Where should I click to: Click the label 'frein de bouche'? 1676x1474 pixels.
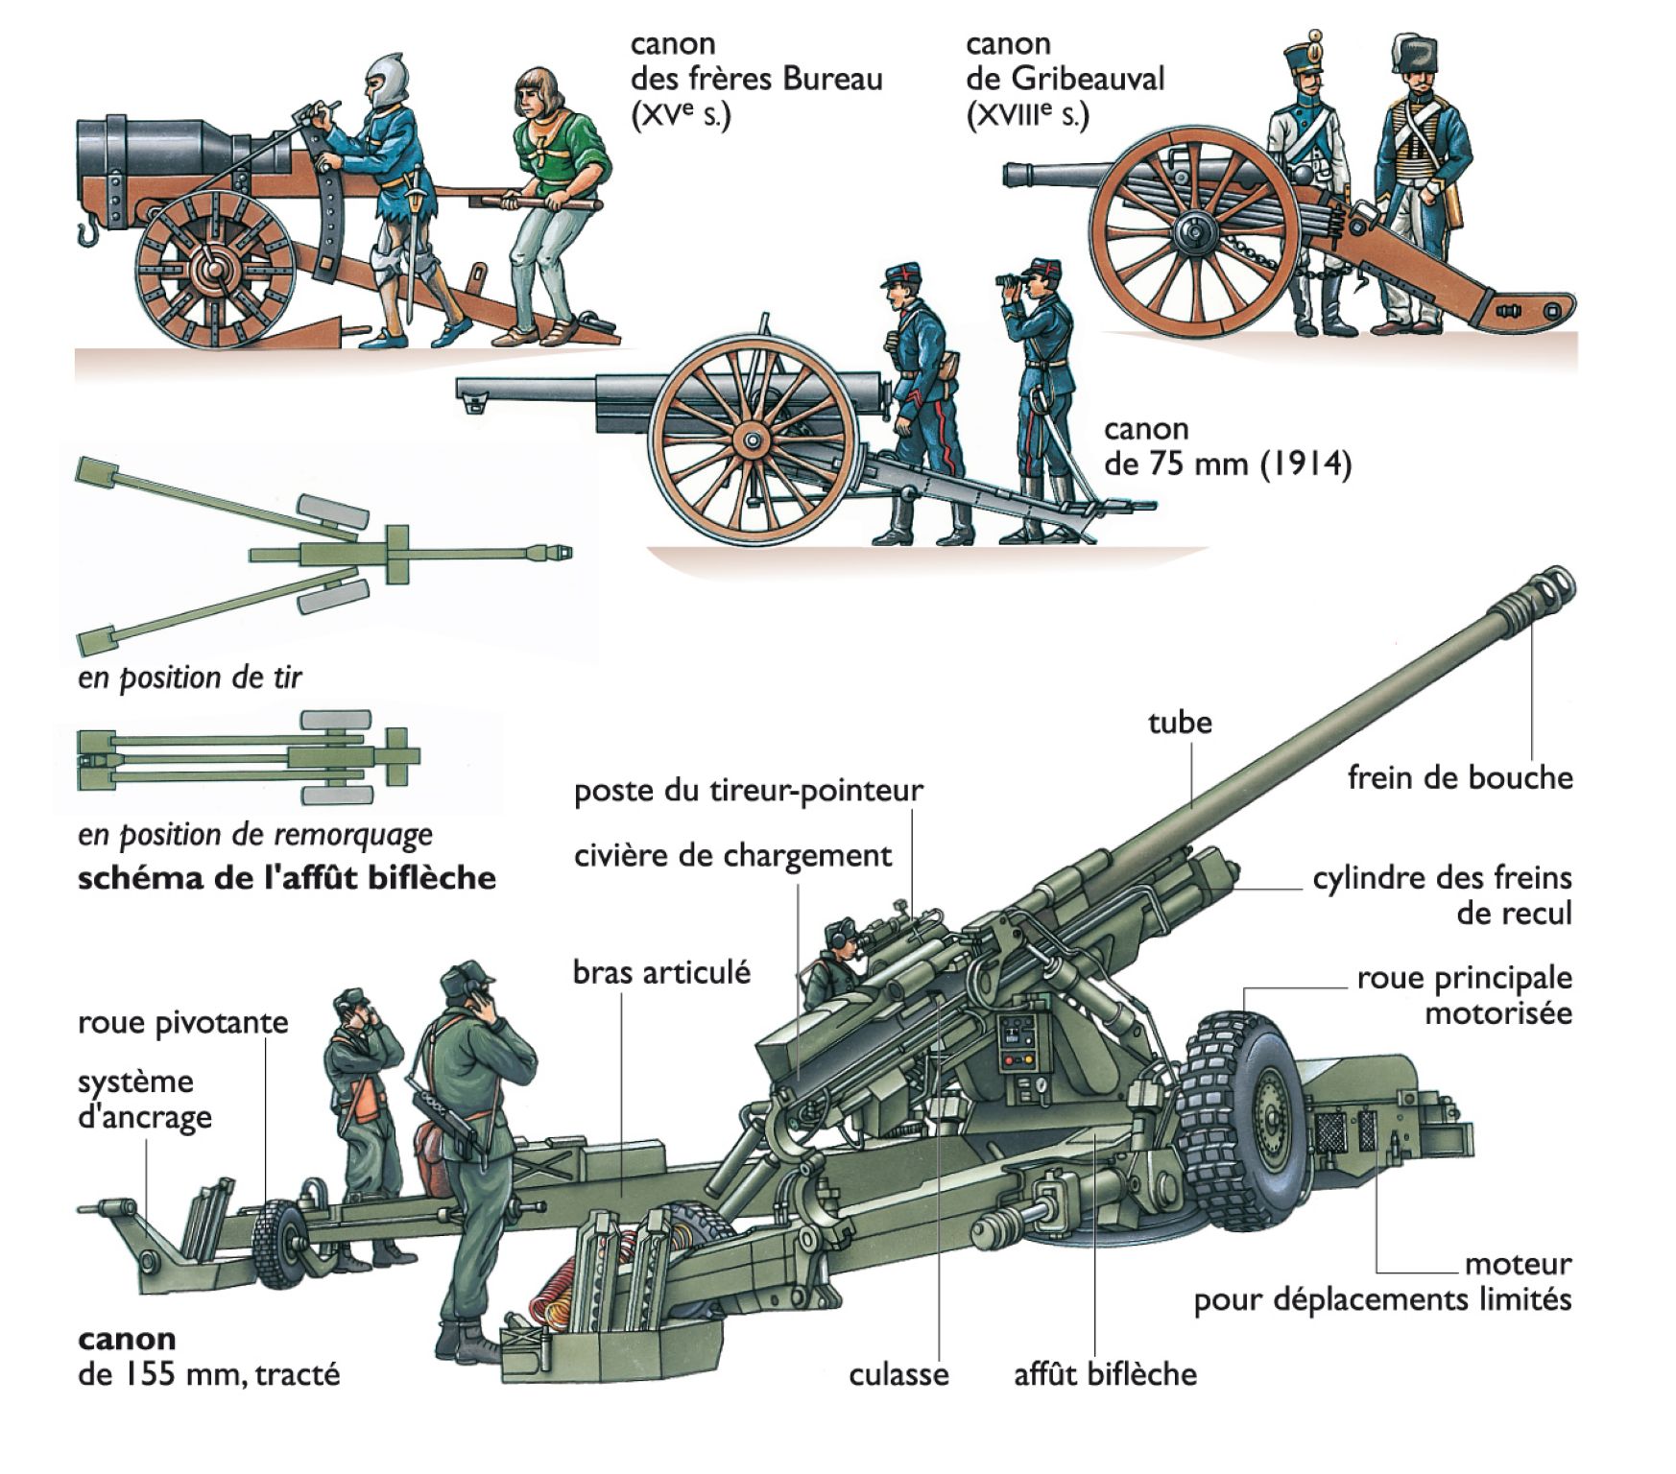click(1459, 777)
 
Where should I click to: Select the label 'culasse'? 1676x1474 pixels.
click(898, 1374)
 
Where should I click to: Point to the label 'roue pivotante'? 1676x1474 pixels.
click(182, 1022)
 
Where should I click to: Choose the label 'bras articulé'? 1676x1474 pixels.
click(661, 972)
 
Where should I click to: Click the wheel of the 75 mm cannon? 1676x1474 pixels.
click(753, 440)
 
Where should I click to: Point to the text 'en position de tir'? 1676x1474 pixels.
click(189, 678)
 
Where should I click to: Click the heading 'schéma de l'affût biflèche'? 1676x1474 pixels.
click(286, 878)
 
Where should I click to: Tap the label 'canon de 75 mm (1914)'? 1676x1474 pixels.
click(1227, 446)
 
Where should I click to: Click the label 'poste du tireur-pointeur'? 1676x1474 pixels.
click(748, 791)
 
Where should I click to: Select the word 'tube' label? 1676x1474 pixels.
click(1180, 723)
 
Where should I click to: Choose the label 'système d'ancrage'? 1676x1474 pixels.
click(144, 1099)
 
